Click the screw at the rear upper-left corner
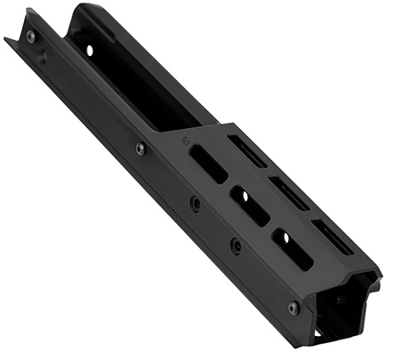point(31,36)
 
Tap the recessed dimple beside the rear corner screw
point(42,56)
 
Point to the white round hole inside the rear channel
point(90,51)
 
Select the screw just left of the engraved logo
point(140,148)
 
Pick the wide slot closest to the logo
point(208,164)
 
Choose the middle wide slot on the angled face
point(250,206)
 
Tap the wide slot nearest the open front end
point(292,249)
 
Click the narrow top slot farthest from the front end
point(247,150)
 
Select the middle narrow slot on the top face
point(289,193)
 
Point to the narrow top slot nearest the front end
point(333,236)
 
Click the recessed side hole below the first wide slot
point(195,204)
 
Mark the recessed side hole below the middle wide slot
point(236,244)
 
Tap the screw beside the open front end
point(293,308)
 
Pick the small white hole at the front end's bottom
point(318,332)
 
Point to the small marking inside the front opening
point(340,300)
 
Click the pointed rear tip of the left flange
point(7,39)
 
